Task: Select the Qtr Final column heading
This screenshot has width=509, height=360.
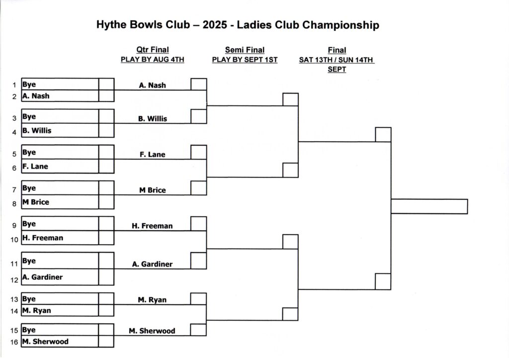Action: pos(153,50)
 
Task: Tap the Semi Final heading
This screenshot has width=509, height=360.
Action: pos(245,50)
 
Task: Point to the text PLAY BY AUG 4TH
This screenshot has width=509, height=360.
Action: pos(153,59)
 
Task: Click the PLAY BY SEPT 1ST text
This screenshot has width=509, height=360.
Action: pos(245,60)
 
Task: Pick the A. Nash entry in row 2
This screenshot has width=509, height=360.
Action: pos(36,96)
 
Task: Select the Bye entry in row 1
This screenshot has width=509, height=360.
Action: pos(29,85)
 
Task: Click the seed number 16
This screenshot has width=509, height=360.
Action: pos(14,342)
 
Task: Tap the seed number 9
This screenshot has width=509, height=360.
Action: pos(14,225)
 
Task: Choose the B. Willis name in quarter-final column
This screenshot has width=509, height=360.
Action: pos(153,118)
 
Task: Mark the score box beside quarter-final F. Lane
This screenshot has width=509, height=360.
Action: pos(199,152)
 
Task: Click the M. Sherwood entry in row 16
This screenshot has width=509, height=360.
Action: pos(45,342)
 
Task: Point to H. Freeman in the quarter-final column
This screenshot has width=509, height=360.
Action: pos(152,226)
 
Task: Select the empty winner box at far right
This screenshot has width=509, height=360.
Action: pos(429,206)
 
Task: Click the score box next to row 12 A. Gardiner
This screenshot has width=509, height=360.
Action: pos(106,277)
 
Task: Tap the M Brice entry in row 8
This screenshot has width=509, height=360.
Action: pos(36,202)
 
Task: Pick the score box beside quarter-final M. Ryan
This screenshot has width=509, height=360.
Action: pos(198,299)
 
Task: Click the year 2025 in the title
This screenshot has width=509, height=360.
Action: pos(215,25)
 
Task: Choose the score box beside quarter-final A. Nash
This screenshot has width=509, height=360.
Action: pos(199,84)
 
